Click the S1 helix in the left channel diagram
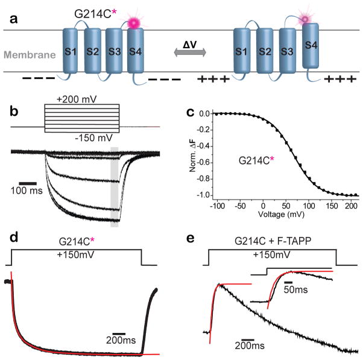[71, 51]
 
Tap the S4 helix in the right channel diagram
[311, 51]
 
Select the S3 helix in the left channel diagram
[113, 51]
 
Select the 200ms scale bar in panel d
[118, 333]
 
